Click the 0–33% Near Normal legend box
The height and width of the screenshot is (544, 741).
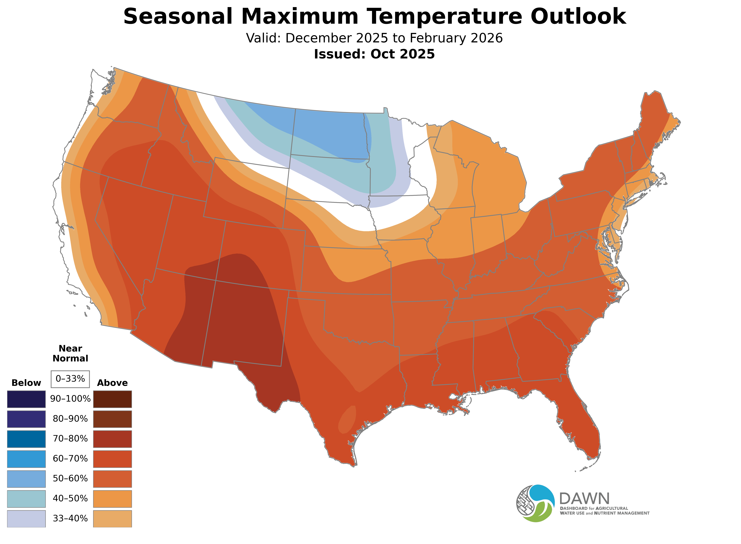click(x=70, y=379)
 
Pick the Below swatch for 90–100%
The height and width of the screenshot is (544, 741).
click(x=26, y=399)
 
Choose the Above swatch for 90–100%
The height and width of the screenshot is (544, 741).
click(x=112, y=399)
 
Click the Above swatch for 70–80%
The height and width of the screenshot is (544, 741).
click(x=112, y=439)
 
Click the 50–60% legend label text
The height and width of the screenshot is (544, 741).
click(x=70, y=478)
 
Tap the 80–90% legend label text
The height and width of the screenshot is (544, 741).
click(x=70, y=419)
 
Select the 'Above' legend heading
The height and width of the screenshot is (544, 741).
click(x=112, y=383)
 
